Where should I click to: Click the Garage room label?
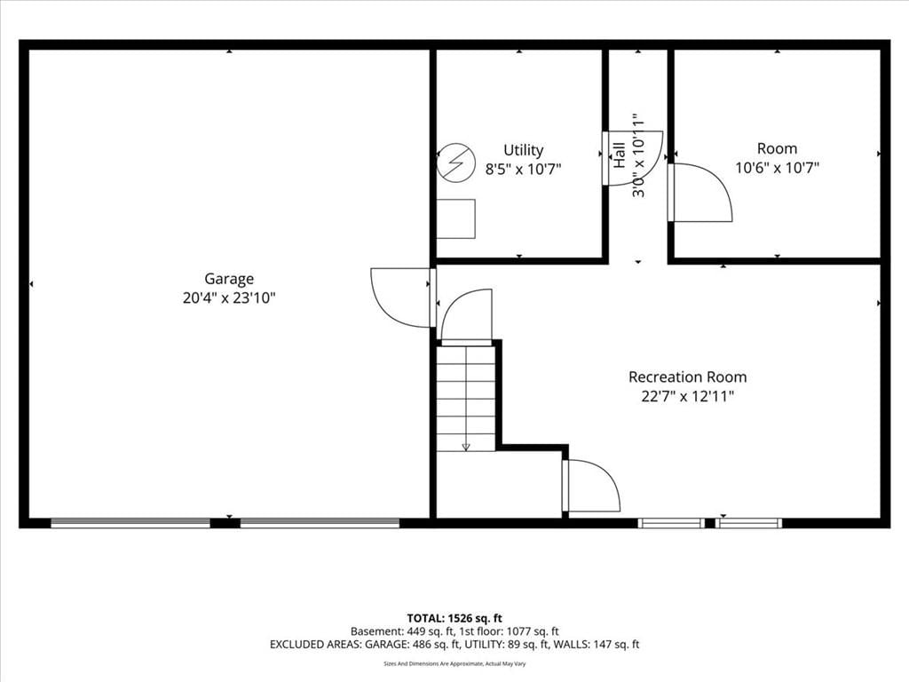tap(229, 280)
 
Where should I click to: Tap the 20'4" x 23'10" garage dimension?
tap(229, 298)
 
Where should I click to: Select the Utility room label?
tap(524, 151)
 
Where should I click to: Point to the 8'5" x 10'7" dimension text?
tap(524, 170)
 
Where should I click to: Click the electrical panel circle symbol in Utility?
tap(456, 163)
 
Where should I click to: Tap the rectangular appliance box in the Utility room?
tap(455, 218)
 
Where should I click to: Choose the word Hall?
tap(619, 155)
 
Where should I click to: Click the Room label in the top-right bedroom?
tap(777, 148)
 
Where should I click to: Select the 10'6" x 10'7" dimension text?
tap(777, 168)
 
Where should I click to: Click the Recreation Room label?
tap(688, 377)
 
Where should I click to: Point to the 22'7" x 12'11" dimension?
tap(688, 397)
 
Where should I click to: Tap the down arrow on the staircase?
tap(465, 446)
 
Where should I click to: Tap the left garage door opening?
tap(130, 522)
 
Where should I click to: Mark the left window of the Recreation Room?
tap(671, 523)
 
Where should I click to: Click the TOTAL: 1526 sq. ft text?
tap(454, 618)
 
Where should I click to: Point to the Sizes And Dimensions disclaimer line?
tap(454, 663)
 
